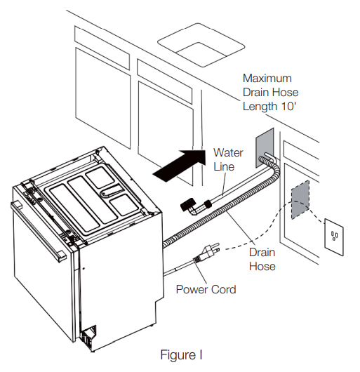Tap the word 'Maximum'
[x=267, y=79]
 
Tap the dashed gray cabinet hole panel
[x=299, y=199]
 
